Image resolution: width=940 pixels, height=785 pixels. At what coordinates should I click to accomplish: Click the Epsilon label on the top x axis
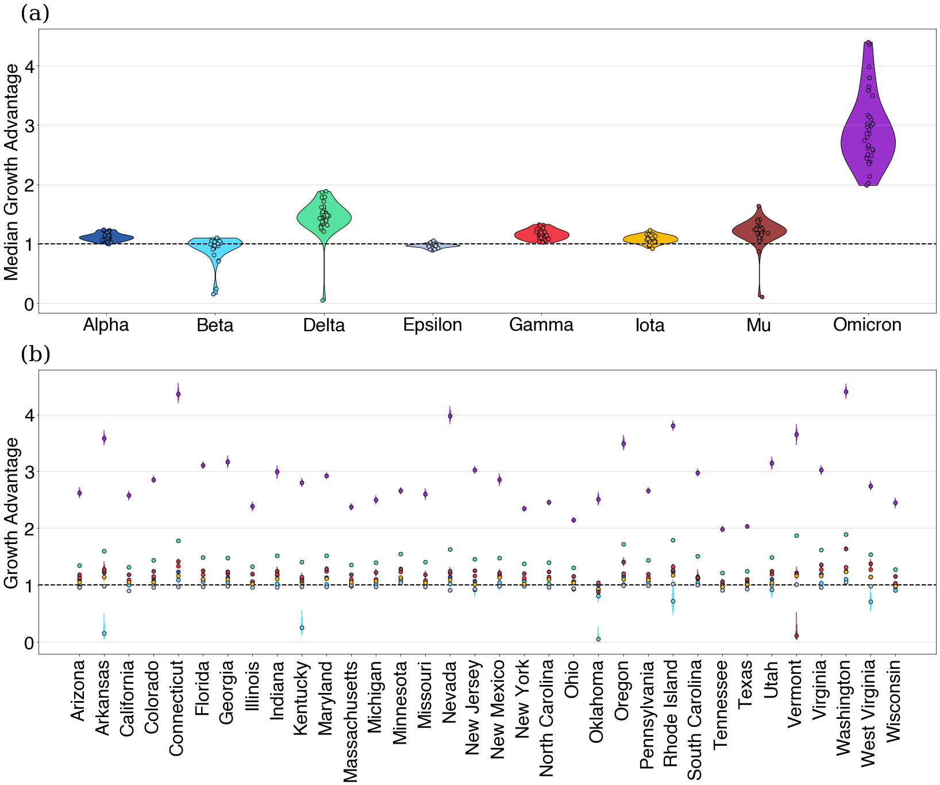click(x=433, y=325)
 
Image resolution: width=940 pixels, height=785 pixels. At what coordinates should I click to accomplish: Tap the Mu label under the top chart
click(x=758, y=326)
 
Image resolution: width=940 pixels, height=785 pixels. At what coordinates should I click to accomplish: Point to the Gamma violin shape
click(x=541, y=234)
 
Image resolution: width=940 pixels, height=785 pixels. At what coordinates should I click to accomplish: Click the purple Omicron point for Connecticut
click(x=178, y=394)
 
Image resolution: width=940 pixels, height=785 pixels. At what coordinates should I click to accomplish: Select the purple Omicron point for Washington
click(x=846, y=392)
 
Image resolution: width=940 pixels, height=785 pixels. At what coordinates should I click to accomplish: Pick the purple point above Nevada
click(x=450, y=416)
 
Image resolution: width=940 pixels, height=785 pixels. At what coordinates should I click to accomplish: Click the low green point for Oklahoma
click(x=598, y=639)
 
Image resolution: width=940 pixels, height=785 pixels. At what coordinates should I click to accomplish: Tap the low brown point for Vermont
click(x=796, y=635)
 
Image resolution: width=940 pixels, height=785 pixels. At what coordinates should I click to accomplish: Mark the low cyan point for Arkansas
click(x=104, y=633)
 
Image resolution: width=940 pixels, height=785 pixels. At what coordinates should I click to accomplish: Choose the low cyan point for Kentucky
click(x=302, y=627)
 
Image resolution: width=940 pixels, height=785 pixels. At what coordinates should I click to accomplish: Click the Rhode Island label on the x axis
click(x=671, y=713)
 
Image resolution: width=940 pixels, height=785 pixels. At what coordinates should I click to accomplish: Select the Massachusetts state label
click(x=350, y=722)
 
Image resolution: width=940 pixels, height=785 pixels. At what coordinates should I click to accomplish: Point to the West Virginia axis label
click(x=868, y=713)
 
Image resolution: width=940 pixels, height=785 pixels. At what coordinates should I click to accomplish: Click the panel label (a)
click(x=35, y=13)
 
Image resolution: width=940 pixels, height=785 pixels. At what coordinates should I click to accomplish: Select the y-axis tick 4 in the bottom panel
click(x=29, y=415)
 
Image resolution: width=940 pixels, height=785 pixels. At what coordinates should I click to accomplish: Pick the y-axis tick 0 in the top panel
click(x=29, y=304)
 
